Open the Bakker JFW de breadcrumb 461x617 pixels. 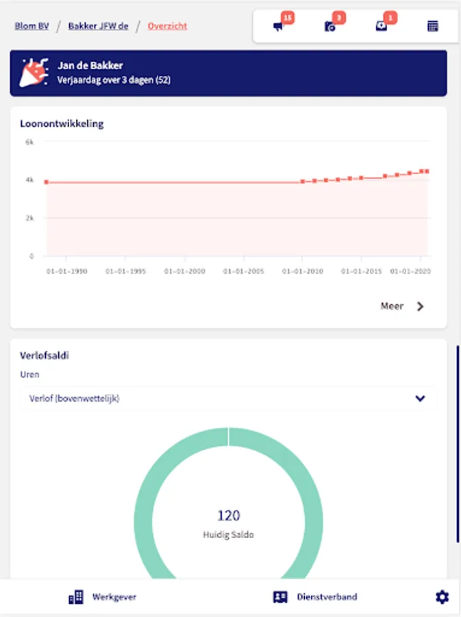(x=98, y=26)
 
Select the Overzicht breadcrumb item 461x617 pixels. (x=167, y=26)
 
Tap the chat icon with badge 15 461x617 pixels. (x=278, y=27)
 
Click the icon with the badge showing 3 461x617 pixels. (x=330, y=27)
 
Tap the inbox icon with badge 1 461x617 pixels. (x=382, y=27)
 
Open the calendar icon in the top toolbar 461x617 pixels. (x=433, y=27)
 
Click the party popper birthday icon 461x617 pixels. (x=34, y=73)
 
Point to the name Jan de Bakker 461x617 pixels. (x=90, y=66)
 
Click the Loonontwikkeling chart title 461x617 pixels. (x=62, y=124)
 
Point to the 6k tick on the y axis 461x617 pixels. (x=29, y=142)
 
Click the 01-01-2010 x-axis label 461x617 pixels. (x=303, y=271)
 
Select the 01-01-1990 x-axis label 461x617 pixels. (x=67, y=271)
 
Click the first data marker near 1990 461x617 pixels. (x=47, y=182)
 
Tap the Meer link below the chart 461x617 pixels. (x=402, y=306)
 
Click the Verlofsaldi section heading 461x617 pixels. (x=45, y=356)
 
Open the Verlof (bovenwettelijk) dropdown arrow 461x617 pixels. (x=420, y=398)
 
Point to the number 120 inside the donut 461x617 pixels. (x=228, y=516)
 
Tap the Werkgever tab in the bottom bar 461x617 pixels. (x=103, y=597)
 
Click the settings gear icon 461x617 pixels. (x=442, y=597)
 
